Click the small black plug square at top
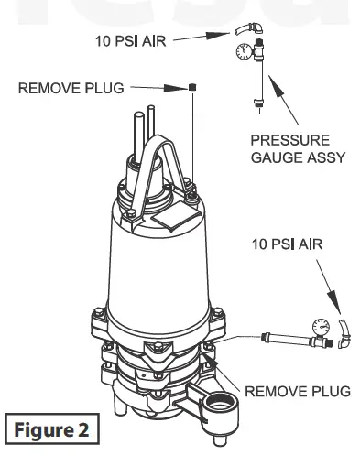193,89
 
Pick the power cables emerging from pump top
145,137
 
